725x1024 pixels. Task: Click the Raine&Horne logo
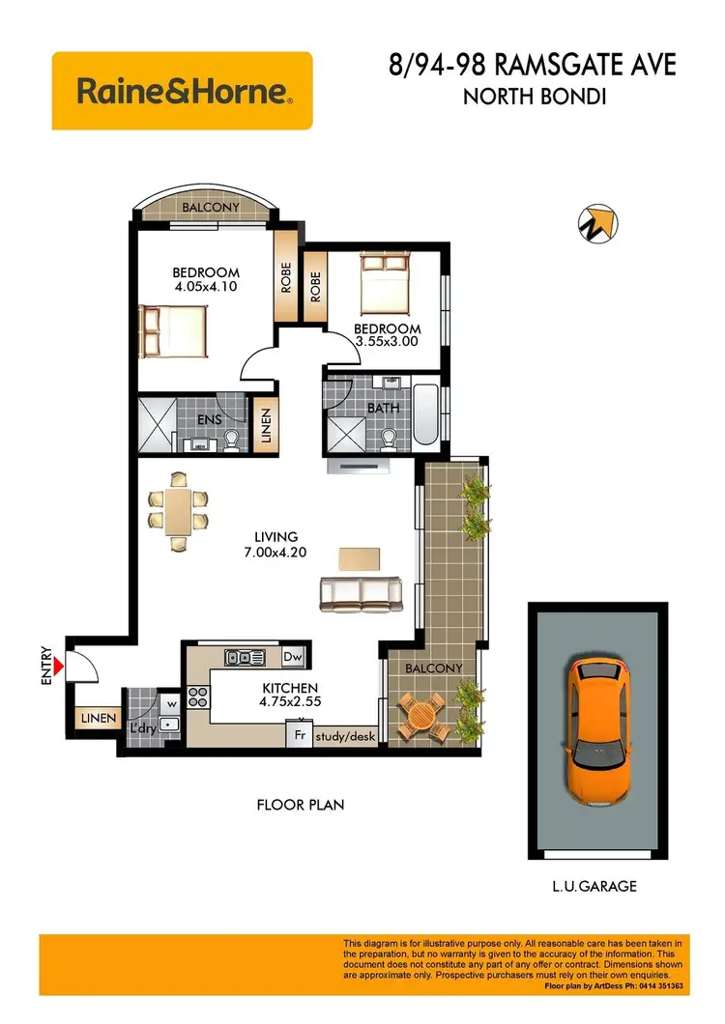click(x=182, y=92)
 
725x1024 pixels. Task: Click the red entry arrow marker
click(x=59, y=667)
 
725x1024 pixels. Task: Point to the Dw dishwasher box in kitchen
click(x=293, y=658)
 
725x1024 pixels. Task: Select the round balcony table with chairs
click(x=422, y=716)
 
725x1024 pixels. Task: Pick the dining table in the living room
click(x=179, y=510)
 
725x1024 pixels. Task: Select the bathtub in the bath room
click(x=424, y=416)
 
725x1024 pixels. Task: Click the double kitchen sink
click(x=245, y=658)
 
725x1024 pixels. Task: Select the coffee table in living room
click(x=360, y=558)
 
